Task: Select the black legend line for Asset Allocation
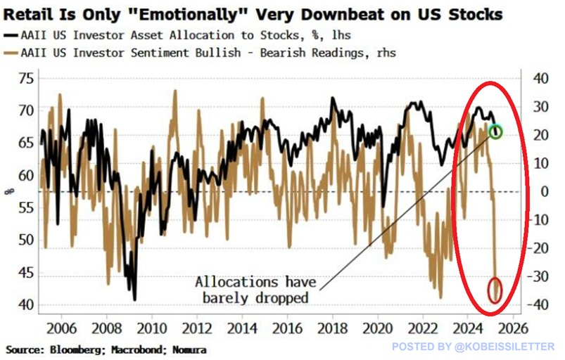[11, 35]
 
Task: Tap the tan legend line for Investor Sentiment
[11, 53]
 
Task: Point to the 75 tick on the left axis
[26, 79]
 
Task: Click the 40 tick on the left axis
[26, 305]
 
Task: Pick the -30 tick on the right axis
[538, 276]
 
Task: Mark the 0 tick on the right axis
[544, 191]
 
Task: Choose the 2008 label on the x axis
[107, 328]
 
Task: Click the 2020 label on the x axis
[377, 328]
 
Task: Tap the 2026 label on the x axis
[513, 328]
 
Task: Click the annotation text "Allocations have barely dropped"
[255, 290]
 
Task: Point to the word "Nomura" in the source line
[189, 349]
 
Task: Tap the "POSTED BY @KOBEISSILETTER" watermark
[473, 347]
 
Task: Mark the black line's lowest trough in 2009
[135, 300]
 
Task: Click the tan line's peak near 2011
[175, 91]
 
